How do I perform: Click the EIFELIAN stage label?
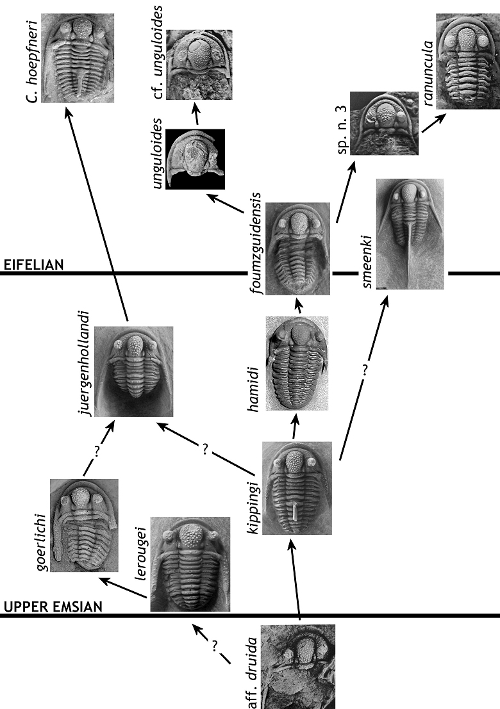point(33,265)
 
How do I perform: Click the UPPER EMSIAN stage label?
point(53,607)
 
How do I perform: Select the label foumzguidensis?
point(256,243)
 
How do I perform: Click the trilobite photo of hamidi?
point(297,363)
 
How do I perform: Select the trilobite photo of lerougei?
point(190,564)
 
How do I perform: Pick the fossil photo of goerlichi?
point(84,525)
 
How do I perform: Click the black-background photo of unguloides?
point(195,159)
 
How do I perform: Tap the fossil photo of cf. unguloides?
point(199,65)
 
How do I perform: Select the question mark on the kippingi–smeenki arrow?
point(365,370)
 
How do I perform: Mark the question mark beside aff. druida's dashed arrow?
point(215,646)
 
